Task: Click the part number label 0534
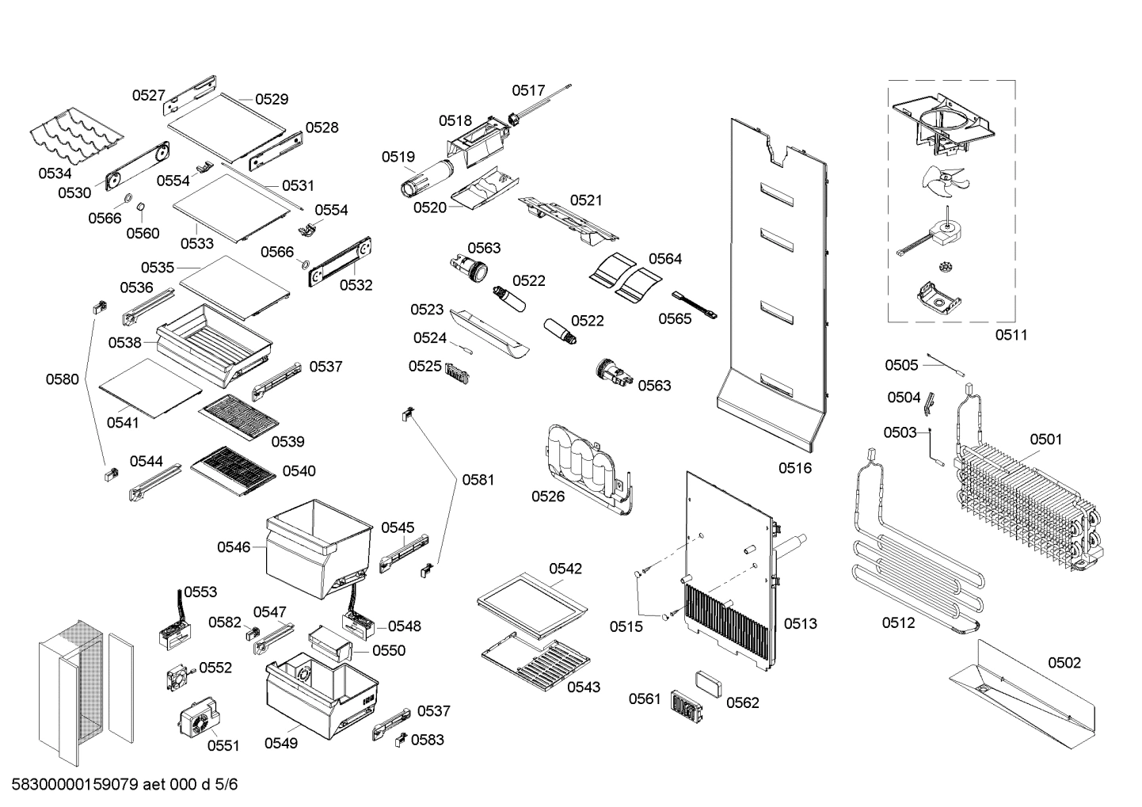pyautogui.click(x=55, y=173)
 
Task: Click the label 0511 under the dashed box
pyautogui.click(x=1011, y=335)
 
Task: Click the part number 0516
pyautogui.click(x=794, y=468)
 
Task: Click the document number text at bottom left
pyautogui.click(x=124, y=785)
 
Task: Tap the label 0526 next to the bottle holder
pyautogui.click(x=548, y=497)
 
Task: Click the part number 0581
pyautogui.click(x=478, y=479)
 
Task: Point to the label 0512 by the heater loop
pyautogui.click(x=898, y=623)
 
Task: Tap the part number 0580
pyautogui.click(x=62, y=379)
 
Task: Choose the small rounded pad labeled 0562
pyautogui.click(x=708, y=682)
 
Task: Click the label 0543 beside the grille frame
pyautogui.click(x=583, y=687)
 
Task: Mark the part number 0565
pyautogui.click(x=675, y=318)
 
